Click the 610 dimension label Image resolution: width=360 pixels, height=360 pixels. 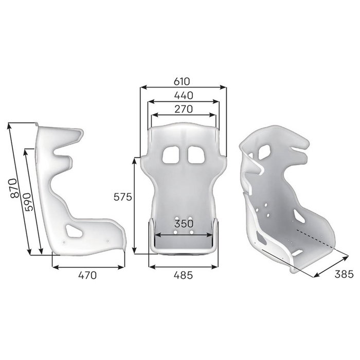(182, 81)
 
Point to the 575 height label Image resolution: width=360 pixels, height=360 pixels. (124, 196)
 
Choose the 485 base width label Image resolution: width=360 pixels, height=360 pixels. (183, 275)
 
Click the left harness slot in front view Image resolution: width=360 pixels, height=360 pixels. (170, 154)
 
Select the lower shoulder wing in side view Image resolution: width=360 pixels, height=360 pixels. (64, 161)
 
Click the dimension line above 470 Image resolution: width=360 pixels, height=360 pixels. (88, 266)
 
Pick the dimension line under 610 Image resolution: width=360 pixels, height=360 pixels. (182, 88)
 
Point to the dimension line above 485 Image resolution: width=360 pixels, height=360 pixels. (183, 266)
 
